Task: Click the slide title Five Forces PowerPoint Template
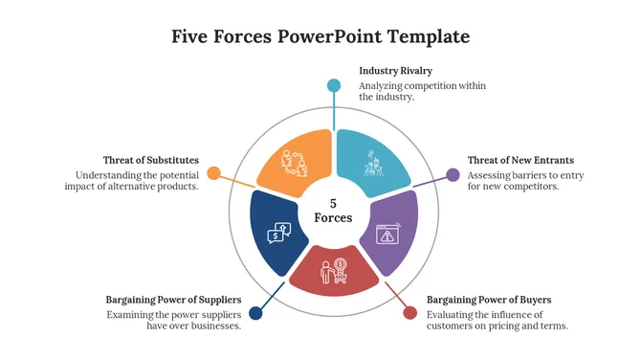tap(320, 37)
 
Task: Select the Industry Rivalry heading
tap(396, 71)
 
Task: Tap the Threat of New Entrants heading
tap(520, 160)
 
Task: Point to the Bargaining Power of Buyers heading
tap(489, 300)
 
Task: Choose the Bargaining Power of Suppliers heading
tap(173, 300)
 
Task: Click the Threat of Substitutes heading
tap(151, 160)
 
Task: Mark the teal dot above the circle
tap(334, 85)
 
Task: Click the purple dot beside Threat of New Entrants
tap(453, 174)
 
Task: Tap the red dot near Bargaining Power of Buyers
tap(410, 313)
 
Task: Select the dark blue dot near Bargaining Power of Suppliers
tap(255, 313)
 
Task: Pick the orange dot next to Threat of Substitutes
tap(214, 174)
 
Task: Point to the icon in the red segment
tap(334, 271)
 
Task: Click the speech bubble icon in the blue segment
tap(278, 231)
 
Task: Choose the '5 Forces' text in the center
tap(333, 211)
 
